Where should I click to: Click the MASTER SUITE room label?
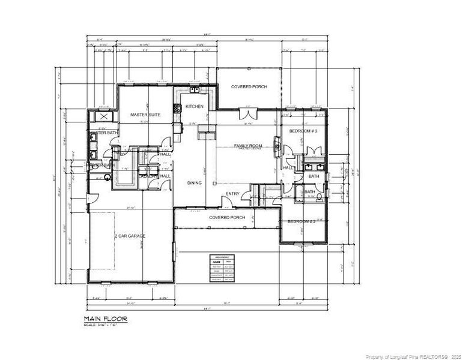point(145,114)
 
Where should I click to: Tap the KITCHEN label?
point(194,106)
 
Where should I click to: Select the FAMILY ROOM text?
point(248,146)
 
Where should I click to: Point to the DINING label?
point(194,183)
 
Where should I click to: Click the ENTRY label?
point(232,193)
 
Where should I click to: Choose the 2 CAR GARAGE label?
point(130,236)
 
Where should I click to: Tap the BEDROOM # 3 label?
point(303,130)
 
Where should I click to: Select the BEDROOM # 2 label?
point(301,221)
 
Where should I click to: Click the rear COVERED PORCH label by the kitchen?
point(249,87)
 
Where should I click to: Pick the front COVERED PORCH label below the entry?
point(226,217)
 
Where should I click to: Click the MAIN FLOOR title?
point(105,319)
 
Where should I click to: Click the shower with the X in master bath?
point(103,117)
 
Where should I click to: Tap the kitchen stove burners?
point(177,109)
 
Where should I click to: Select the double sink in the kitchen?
point(195,91)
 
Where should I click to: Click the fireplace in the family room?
point(277,145)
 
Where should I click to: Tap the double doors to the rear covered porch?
point(247,113)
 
